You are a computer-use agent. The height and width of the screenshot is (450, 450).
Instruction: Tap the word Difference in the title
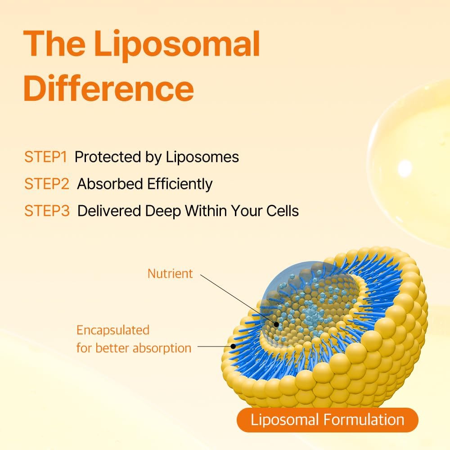[x=108, y=89]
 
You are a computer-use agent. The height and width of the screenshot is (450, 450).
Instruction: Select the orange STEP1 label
[x=46, y=157]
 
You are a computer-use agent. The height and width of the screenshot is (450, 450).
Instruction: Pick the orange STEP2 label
[x=47, y=184]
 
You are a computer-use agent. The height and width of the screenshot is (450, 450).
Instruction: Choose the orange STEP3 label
[x=47, y=211]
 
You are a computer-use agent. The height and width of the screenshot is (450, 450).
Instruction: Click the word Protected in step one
[x=105, y=157]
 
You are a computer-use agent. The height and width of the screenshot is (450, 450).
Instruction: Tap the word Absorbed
[x=106, y=184]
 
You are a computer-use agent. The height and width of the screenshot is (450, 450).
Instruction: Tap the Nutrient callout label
[x=170, y=273]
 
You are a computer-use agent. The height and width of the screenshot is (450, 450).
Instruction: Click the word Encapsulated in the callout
[x=112, y=330]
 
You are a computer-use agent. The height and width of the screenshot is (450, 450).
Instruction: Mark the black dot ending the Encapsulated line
[x=233, y=346]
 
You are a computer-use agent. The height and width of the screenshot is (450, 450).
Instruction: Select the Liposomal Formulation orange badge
[x=327, y=420]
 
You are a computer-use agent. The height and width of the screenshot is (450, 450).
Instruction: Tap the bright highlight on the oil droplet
[x=405, y=168]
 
